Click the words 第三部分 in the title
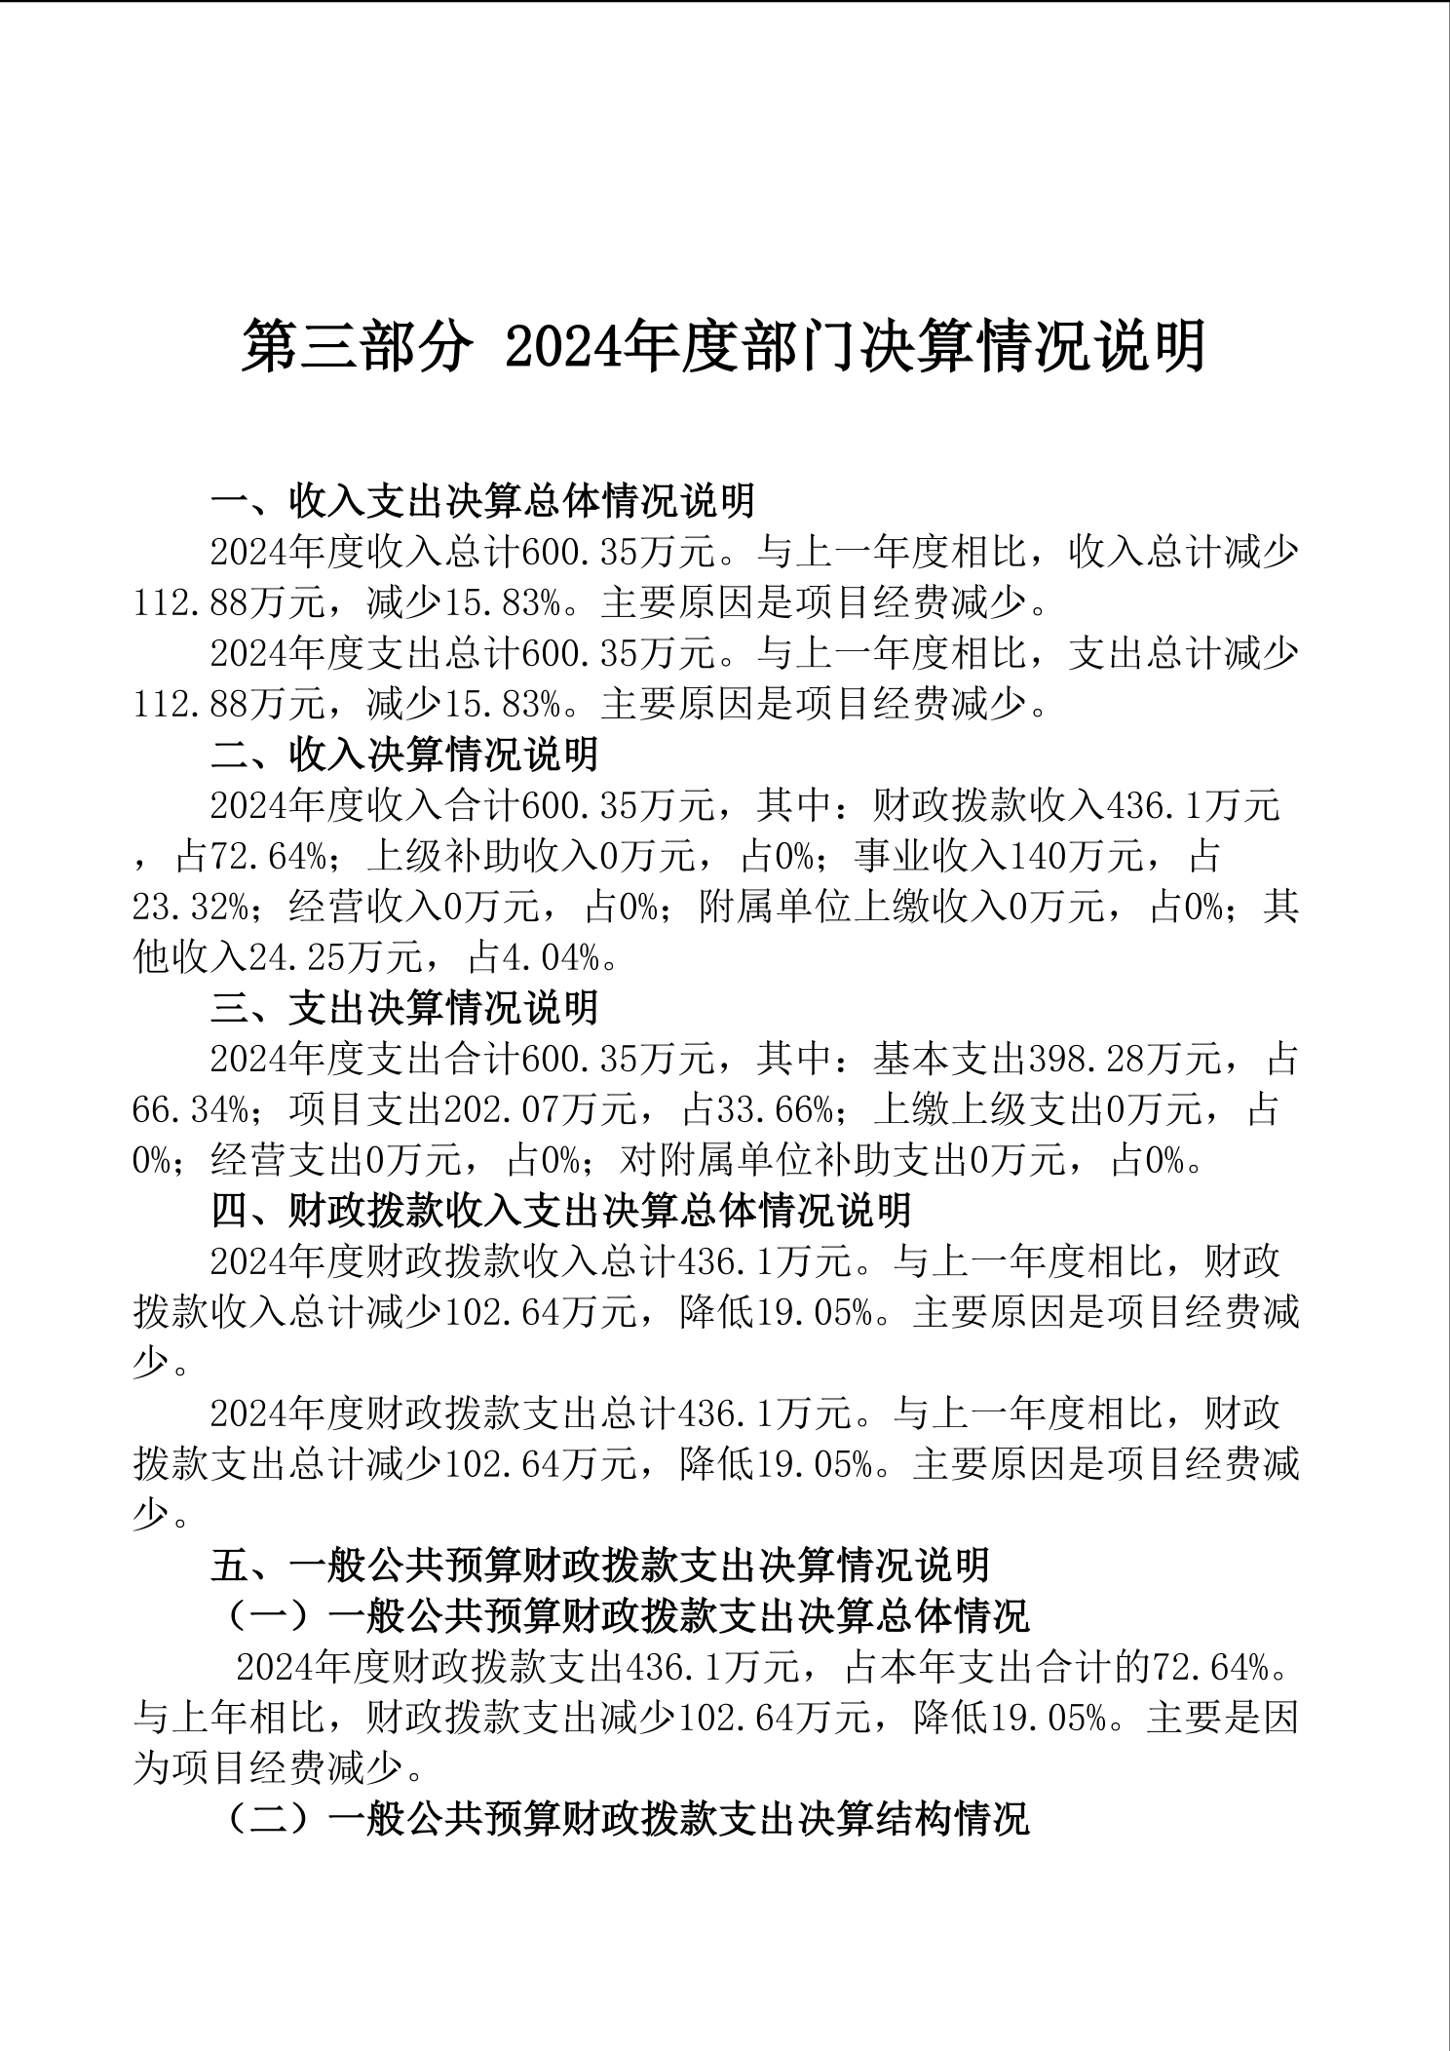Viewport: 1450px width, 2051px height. pos(357,346)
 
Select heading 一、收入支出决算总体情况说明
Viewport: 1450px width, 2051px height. pos(483,501)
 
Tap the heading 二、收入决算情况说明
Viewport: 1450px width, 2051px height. pos(404,754)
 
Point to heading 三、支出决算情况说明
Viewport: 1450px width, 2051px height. pos(404,1007)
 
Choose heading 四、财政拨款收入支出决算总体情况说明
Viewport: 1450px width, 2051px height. pos(561,1210)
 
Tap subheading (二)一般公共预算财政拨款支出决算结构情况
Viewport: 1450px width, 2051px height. pos(624,1818)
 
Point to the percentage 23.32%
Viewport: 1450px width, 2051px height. pos(191,907)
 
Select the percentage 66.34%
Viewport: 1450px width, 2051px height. pos(191,1108)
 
